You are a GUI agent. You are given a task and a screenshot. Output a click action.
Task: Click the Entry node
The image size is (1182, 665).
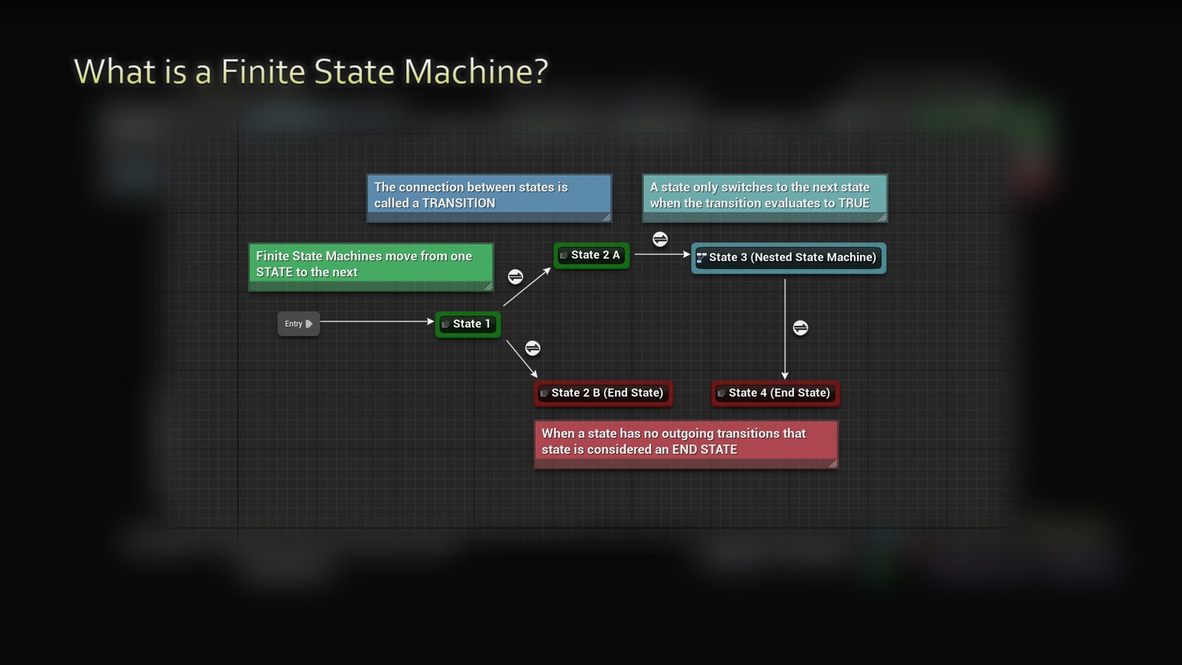298,324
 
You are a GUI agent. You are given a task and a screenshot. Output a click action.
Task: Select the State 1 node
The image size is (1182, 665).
468,324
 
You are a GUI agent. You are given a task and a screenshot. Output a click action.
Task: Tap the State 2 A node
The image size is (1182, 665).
592,255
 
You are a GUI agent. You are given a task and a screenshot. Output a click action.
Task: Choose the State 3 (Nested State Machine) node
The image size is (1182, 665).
788,258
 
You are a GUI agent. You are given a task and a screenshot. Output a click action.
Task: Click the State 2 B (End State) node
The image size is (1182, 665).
604,393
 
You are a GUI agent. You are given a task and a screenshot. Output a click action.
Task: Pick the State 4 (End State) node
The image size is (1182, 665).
776,393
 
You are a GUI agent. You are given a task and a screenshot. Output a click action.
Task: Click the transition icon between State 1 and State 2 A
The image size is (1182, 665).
516,276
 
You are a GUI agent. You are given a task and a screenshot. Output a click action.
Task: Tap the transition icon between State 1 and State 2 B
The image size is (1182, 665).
533,348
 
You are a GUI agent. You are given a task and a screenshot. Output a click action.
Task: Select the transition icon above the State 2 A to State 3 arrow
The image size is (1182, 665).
660,239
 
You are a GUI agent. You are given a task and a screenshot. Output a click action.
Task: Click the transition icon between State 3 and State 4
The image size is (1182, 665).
800,327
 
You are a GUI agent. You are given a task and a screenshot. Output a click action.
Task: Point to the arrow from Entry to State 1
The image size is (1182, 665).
377,321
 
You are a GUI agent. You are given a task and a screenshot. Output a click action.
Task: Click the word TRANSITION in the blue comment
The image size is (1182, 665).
459,203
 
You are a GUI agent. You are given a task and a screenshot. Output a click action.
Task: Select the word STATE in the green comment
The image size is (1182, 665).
274,273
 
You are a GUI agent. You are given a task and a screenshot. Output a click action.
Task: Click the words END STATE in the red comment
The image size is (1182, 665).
704,449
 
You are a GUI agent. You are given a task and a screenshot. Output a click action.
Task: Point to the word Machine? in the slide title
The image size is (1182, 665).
476,72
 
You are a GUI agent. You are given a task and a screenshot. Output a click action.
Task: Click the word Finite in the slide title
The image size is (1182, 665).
263,72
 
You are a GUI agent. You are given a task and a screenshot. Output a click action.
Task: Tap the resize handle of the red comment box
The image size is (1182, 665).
833,463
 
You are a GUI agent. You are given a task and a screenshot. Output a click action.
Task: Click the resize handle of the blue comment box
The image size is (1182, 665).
607,217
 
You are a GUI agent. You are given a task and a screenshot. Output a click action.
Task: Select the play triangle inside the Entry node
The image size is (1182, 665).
309,324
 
